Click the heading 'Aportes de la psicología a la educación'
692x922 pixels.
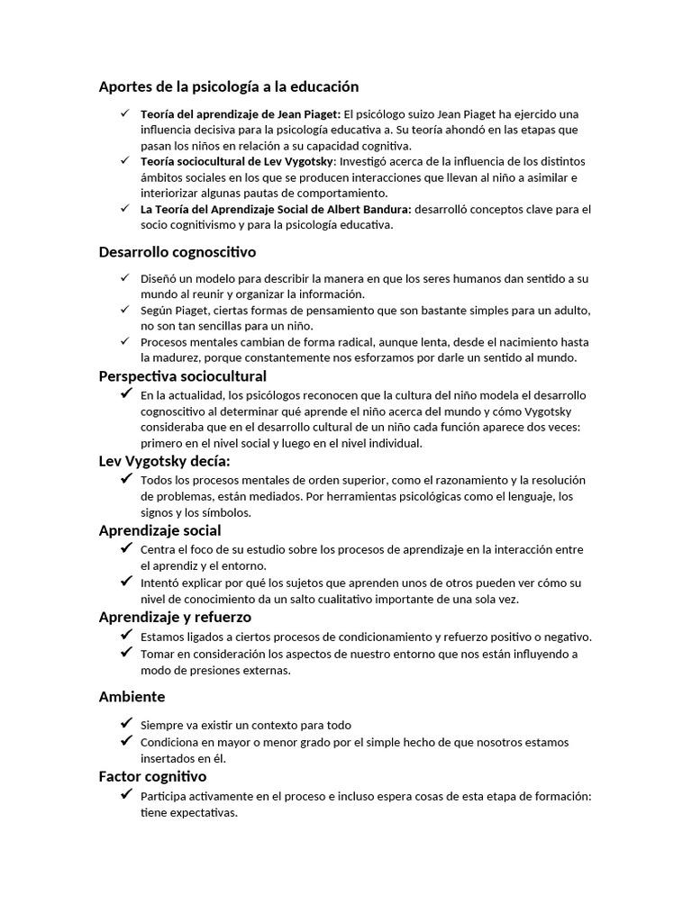pos(228,86)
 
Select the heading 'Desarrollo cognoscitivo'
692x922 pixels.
pos(177,252)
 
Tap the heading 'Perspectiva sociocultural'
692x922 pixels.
pos(182,375)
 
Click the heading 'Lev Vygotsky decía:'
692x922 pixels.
pos(164,461)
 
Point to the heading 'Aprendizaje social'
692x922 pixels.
pos(159,530)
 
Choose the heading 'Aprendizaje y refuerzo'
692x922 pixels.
pos(175,617)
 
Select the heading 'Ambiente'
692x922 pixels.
pos(132,697)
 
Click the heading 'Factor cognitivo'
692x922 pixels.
pos(152,776)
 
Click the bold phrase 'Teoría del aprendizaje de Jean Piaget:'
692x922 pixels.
pos(241,114)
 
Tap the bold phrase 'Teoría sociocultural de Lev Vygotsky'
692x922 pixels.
pos(236,161)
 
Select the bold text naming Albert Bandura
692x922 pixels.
pos(276,209)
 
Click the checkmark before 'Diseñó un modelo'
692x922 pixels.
pos(124,278)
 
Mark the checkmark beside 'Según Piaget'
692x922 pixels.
pos(124,309)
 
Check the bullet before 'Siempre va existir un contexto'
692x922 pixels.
pos(125,724)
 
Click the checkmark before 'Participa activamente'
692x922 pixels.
pos(125,795)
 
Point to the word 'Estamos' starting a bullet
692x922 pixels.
pos(163,637)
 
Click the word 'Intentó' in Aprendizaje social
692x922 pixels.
pos(161,583)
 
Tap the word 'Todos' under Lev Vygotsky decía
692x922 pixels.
pos(156,480)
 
